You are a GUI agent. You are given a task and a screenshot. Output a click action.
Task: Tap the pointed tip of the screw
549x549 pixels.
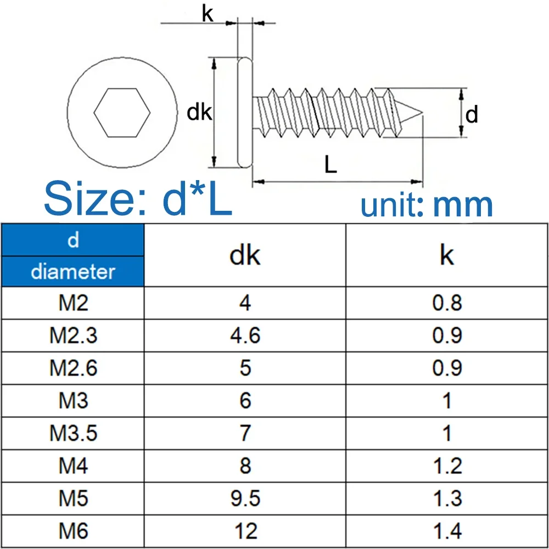[x=422, y=114]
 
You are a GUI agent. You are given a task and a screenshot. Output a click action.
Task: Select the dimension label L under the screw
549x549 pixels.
[x=330, y=164]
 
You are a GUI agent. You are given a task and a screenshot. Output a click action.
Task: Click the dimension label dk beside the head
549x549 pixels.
[x=199, y=113]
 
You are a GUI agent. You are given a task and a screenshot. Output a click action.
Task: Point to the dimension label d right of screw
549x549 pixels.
[x=472, y=115]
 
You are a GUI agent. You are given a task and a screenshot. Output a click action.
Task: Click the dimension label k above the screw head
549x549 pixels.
[x=208, y=14]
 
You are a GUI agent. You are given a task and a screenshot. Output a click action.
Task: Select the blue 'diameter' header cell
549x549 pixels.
[x=73, y=271]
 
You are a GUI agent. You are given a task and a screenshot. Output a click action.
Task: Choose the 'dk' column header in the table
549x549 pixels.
[x=245, y=255]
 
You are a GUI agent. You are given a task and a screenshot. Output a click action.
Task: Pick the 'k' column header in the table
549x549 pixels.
[x=447, y=255]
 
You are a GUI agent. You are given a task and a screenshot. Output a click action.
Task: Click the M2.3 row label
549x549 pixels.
[x=73, y=335]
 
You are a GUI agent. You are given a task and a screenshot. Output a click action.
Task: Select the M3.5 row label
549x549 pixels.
[x=73, y=433]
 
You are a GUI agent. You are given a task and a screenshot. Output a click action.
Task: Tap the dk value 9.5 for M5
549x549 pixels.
[x=245, y=498]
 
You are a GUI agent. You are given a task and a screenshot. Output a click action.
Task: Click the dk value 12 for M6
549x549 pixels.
[x=245, y=531]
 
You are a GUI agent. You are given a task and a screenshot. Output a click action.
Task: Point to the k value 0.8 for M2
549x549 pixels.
[x=447, y=302]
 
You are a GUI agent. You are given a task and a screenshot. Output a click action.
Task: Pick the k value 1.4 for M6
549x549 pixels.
[x=447, y=531]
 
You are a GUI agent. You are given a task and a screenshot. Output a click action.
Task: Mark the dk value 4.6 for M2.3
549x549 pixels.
[x=245, y=335]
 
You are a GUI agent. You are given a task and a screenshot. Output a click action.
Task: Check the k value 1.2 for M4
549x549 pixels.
[x=447, y=466]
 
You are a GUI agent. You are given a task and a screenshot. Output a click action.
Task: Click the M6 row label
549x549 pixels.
[x=73, y=531]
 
